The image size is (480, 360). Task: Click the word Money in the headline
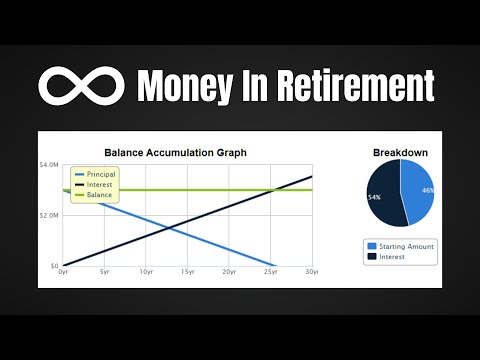click(x=189, y=85)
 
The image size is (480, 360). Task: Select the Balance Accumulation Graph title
click(x=175, y=152)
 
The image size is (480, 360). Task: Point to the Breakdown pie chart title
click(x=400, y=152)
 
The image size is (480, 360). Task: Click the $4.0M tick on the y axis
click(x=49, y=164)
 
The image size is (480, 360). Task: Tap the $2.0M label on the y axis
click(x=49, y=215)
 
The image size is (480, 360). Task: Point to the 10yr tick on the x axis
click(x=146, y=272)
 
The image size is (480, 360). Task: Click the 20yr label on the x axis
click(x=229, y=272)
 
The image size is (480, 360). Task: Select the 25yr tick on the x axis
click(x=270, y=272)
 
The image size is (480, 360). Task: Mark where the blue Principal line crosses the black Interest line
click(x=167, y=228)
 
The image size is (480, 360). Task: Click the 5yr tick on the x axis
click(x=104, y=272)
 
